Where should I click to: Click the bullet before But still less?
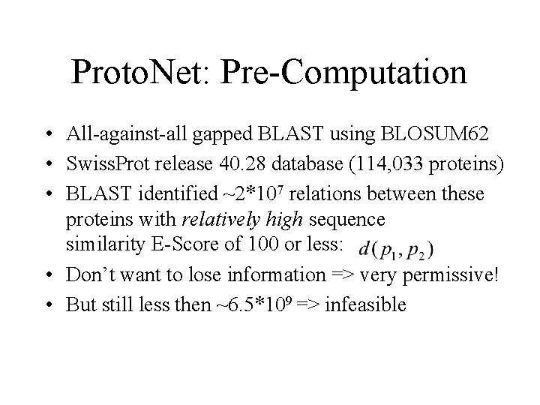tap(47, 305)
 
